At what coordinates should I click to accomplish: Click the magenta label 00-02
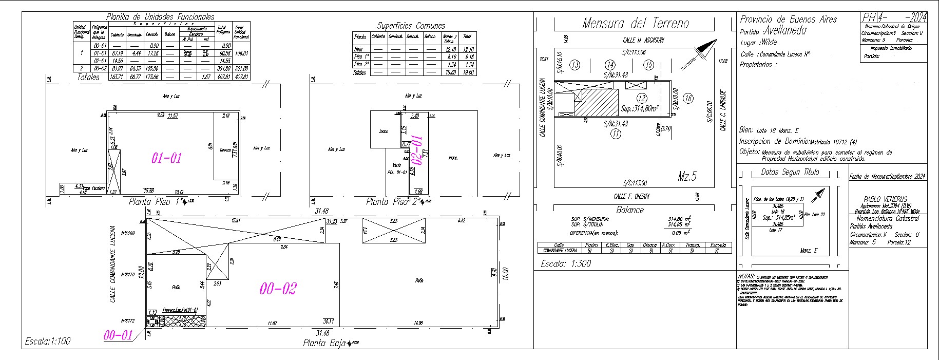coord(278,289)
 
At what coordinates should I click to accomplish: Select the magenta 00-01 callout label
coord(118,336)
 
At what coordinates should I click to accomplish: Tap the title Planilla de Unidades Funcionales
coord(160,17)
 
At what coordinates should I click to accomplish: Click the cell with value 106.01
coord(241,53)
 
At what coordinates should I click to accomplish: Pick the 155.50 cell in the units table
coord(151,68)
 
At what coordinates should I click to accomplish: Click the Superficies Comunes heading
coord(411,26)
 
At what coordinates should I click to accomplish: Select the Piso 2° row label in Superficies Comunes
coord(360,65)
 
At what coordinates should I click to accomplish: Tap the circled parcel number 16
coord(688,99)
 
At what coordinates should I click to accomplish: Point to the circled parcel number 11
coord(615,134)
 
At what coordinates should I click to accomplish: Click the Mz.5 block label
coord(687,177)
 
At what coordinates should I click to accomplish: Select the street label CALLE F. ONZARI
coord(631,196)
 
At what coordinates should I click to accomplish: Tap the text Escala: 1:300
coord(566,264)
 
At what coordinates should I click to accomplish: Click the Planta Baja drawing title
coord(324,343)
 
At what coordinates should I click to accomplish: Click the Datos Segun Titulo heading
coord(790,172)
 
